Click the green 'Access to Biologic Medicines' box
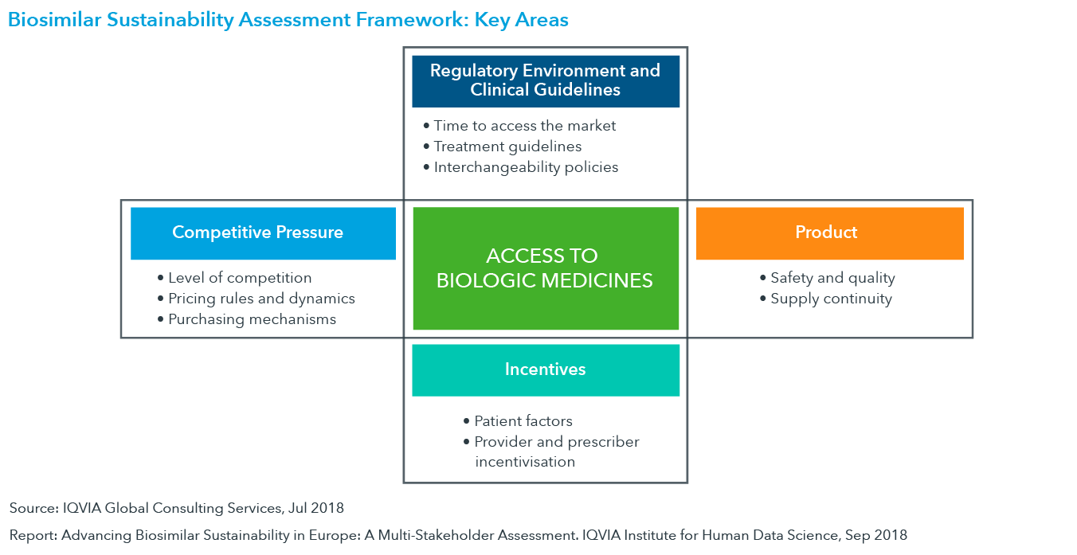546,268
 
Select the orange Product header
830,233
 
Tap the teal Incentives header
546,370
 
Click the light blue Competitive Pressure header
263,233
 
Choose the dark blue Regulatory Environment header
546,81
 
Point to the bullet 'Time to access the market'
519,126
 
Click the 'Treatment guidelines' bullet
503,146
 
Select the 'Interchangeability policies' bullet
521,166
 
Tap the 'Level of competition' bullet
235,278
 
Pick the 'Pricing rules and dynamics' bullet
257,299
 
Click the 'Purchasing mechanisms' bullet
247,319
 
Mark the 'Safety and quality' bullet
828,278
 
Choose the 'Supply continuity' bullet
826,299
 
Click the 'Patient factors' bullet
518,421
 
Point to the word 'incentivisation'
525,462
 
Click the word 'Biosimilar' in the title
54,20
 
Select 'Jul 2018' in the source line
316,508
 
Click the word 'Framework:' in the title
412,20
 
